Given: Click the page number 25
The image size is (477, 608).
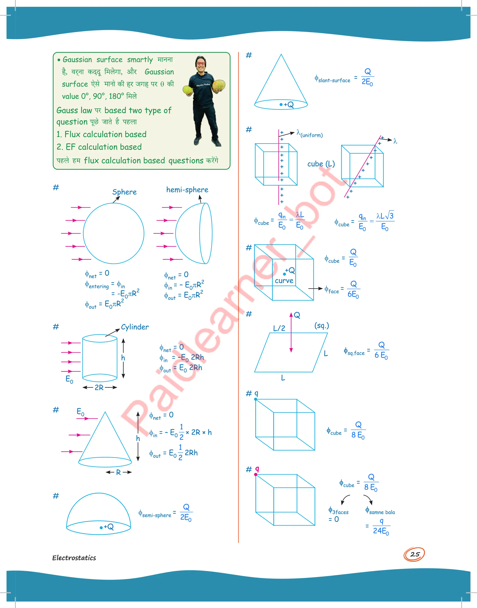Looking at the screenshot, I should point(415,554).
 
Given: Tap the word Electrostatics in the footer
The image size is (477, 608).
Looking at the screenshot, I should point(74,558).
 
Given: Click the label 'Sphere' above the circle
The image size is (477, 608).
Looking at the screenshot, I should point(124,192).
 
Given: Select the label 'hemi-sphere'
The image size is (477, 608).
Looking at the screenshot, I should point(187,190).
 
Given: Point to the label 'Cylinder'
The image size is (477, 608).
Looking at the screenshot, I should point(135,327).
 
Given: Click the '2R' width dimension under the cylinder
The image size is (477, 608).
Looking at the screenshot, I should point(99,387).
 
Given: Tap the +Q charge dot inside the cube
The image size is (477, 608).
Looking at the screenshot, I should point(285,274).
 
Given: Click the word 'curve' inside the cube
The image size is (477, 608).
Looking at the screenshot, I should point(284,281).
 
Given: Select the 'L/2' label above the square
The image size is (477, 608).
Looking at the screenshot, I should point(279,328).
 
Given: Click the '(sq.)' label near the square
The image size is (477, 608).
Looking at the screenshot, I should point(321,326).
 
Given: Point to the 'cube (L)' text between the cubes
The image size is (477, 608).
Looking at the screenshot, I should point(321,164).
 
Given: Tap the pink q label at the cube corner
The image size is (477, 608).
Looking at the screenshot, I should point(257,469).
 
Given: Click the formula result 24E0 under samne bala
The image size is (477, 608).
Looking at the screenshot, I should point(381,531).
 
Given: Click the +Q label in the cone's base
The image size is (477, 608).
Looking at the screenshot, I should point(289,105).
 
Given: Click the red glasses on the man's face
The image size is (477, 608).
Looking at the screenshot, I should point(201,63).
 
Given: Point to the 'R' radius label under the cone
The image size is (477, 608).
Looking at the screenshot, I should point(118,472).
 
